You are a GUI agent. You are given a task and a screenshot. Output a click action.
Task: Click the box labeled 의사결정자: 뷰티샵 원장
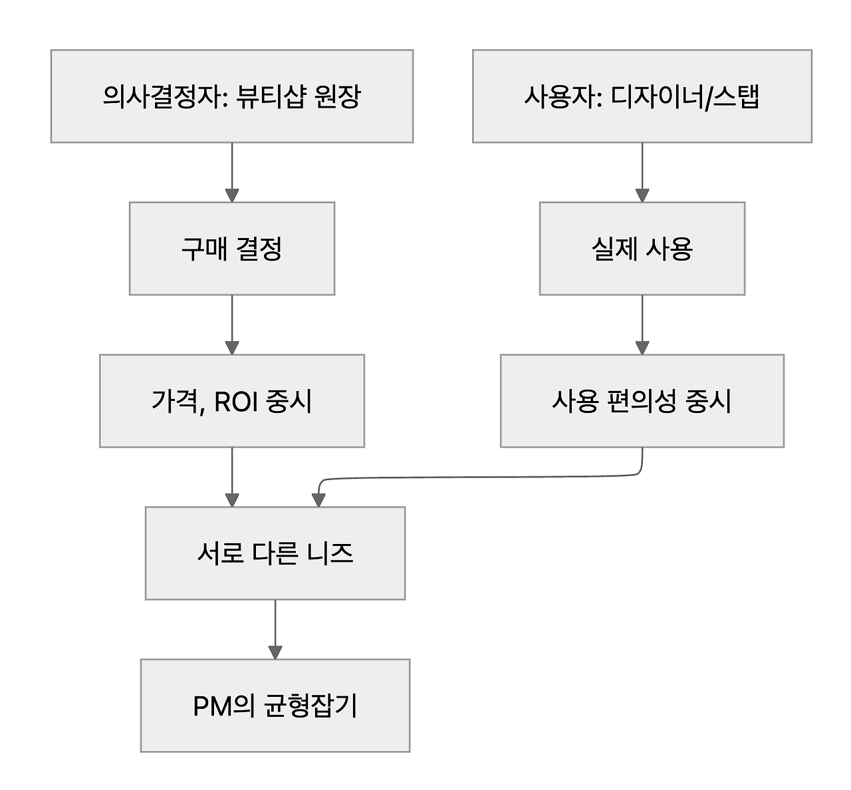(x=231, y=96)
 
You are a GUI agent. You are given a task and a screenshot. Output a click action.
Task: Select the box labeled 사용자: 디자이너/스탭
(x=642, y=96)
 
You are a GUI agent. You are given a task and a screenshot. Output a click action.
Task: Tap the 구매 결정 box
(x=231, y=249)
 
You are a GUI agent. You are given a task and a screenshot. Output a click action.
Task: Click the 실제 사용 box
(x=642, y=249)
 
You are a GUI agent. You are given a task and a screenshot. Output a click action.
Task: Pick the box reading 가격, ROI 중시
(x=231, y=401)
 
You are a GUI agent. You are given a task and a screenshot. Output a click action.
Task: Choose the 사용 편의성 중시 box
(x=642, y=401)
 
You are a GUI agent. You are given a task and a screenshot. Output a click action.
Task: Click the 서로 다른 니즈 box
(x=275, y=553)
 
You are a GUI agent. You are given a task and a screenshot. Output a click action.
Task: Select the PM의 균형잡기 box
(x=275, y=706)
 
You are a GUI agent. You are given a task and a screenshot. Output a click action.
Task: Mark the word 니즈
(x=330, y=553)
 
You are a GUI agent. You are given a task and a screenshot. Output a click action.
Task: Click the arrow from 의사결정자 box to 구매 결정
(x=231, y=172)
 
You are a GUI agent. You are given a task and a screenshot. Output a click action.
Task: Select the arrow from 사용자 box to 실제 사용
(x=642, y=172)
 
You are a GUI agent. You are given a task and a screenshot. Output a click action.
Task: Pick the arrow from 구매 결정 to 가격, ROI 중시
(x=231, y=324)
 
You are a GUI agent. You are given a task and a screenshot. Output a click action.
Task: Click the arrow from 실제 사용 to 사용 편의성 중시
(x=642, y=324)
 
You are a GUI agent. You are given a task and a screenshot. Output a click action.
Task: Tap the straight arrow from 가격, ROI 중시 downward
(x=231, y=476)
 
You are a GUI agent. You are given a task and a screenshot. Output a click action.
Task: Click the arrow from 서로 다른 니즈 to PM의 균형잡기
(x=275, y=628)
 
